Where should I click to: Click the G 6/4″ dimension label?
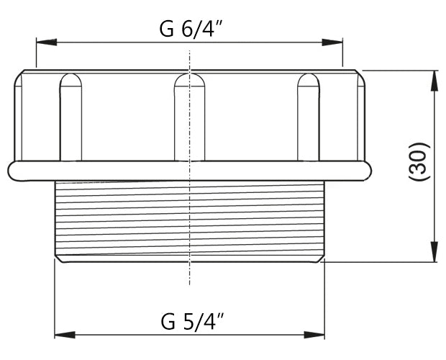[189, 30]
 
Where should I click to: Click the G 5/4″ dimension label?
[190, 320]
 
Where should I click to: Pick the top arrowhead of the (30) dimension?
[434, 79]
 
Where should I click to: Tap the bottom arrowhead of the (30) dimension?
[434, 253]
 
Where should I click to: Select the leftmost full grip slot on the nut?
[70, 115]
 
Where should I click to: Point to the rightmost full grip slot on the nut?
[309, 115]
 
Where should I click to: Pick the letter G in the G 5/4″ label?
[168, 320]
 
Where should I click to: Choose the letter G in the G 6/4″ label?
[167, 30]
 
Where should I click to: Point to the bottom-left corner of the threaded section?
[58, 260]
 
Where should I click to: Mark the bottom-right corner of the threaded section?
[322, 260]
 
